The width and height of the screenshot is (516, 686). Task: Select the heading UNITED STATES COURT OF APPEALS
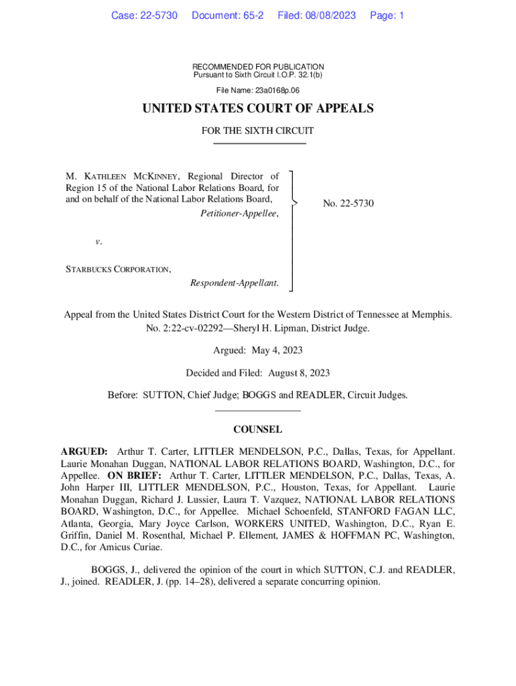[x=258, y=109]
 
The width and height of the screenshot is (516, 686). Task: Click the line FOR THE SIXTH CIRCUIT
[x=258, y=131]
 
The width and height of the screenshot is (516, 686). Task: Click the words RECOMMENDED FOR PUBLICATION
[x=258, y=67]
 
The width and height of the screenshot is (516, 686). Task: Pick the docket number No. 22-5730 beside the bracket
[x=348, y=203]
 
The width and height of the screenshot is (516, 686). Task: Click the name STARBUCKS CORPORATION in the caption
[x=117, y=269]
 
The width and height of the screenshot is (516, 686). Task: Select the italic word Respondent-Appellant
[x=234, y=283]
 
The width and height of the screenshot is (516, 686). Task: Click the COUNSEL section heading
[x=258, y=429]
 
